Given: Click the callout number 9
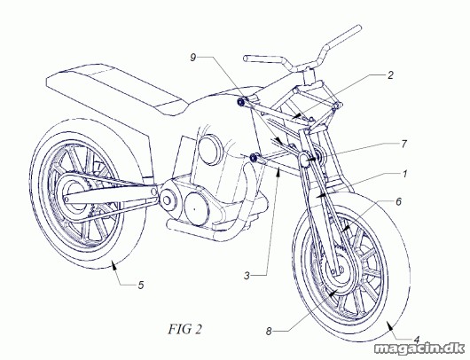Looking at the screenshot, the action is tap(193, 58).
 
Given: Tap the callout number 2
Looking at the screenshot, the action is tap(390, 75).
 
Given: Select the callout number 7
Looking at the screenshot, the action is tap(404, 145).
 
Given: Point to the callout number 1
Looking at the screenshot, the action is tap(404, 174).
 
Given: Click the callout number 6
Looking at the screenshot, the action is tap(398, 202).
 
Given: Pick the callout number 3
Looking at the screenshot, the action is tap(247, 276).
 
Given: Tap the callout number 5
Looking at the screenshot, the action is tap(141, 285).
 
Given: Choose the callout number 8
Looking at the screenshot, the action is tap(269, 332).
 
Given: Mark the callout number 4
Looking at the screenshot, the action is tap(416, 340).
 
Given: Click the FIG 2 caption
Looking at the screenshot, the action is tap(185, 329).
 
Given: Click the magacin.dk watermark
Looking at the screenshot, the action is tap(419, 348).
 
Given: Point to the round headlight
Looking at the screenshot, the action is tap(211, 149).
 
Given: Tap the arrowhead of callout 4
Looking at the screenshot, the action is tap(388, 325).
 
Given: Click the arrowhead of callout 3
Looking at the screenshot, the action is tap(278, 171).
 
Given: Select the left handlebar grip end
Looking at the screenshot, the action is tap(246, 59).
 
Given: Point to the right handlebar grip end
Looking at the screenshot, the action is tap(358, 27).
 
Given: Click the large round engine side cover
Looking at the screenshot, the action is tap(196, 208).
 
